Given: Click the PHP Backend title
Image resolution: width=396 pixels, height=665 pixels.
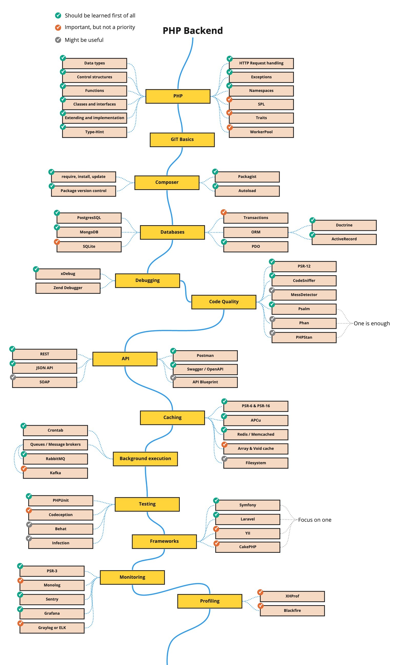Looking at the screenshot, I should (x=193, y=31).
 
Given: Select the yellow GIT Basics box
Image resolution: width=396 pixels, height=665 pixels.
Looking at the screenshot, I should (x=182, y=139).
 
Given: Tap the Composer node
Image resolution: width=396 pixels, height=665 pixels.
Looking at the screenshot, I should (x=167, y=182).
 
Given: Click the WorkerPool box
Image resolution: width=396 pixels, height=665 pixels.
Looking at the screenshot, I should (x=261, y=132).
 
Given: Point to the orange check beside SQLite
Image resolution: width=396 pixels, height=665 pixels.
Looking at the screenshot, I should (x=57, y=242).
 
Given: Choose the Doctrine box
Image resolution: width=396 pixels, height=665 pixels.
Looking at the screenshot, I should (x=344, y=225).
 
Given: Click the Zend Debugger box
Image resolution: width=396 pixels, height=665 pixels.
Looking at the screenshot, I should (x=68, y=288).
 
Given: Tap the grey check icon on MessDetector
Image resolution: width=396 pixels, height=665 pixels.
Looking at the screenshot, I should (x=272, y=290).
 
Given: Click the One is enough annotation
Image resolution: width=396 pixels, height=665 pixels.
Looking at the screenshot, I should (x=371, y=324).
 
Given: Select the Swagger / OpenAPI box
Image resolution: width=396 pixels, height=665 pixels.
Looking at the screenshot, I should (x=205, y=369).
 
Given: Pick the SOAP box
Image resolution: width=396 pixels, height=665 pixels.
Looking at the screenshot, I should (x=45, y=382).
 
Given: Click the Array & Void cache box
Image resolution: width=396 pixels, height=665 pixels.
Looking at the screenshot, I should (x=255, y=449).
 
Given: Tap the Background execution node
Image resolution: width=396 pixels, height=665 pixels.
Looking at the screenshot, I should (x=145, y=459).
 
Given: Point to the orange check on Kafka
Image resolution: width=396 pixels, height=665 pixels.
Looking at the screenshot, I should (x=24, y=468).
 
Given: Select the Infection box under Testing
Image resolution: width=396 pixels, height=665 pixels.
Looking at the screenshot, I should (x=61, y=543).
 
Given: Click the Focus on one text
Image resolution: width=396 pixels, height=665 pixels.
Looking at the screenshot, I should (x=315, y=520).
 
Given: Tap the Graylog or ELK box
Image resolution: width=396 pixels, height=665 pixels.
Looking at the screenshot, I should (x=52, y=628).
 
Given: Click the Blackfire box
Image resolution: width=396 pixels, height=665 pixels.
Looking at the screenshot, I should (x=292, y=611).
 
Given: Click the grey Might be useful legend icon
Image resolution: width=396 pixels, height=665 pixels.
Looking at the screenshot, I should (x=58, y=40).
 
